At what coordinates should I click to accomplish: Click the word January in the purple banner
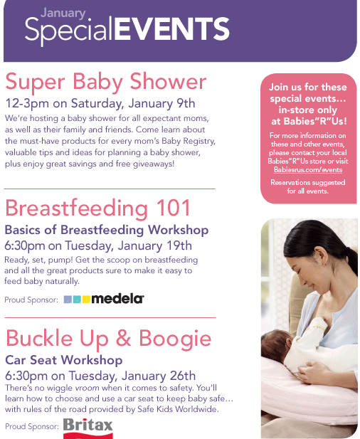(x=63, y=14)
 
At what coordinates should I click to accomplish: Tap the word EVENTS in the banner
(x=172, y=29)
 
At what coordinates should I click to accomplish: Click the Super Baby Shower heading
(x=106, y=82)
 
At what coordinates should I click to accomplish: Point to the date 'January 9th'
(x=162, y=104)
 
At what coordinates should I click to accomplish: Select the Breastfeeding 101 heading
(x=97, y=208)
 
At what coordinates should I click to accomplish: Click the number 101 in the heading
(x=174, y=208)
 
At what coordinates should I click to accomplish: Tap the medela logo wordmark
(x=117, y=299)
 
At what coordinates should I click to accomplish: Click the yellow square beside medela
(x=86, y=300)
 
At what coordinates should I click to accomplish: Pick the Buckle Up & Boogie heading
(x=108, y=339)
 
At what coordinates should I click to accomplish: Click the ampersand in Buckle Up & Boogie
(x=124, y=338)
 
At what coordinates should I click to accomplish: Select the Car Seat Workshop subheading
(x=64, y=360)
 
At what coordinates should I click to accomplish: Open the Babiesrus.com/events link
(x=308, y=169)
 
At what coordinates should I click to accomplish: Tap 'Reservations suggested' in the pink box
(x=308, y=183)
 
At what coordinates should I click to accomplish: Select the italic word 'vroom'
(x=87, y=388)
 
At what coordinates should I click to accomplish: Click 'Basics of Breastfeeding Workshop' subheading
(x=107, y=230)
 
